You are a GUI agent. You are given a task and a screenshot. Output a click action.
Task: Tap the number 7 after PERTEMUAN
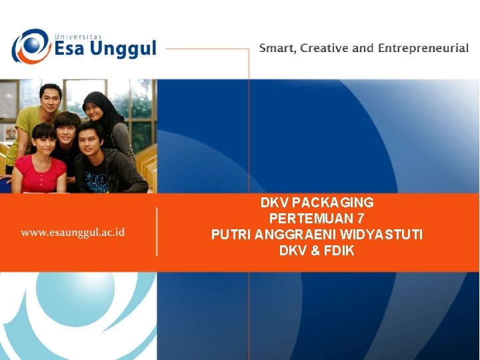click(x=361, y=218)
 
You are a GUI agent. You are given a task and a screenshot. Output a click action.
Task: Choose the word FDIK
click(x=340, y=251)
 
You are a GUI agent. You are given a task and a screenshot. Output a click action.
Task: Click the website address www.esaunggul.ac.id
click(x=73, y=233)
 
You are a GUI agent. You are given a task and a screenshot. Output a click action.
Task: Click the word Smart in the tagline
click(x=276, y=48)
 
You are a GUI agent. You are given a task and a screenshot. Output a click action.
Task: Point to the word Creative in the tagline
click(x=325, y=48)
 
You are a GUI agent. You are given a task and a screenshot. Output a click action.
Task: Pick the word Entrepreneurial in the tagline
click(x=423, y=49)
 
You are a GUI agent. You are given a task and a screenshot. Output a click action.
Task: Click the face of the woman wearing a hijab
click(x=95, y=105)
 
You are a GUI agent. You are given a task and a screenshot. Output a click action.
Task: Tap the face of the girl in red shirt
click(x=43, y=141)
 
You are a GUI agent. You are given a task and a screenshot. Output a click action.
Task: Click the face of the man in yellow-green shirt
click(x=50, y=99)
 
